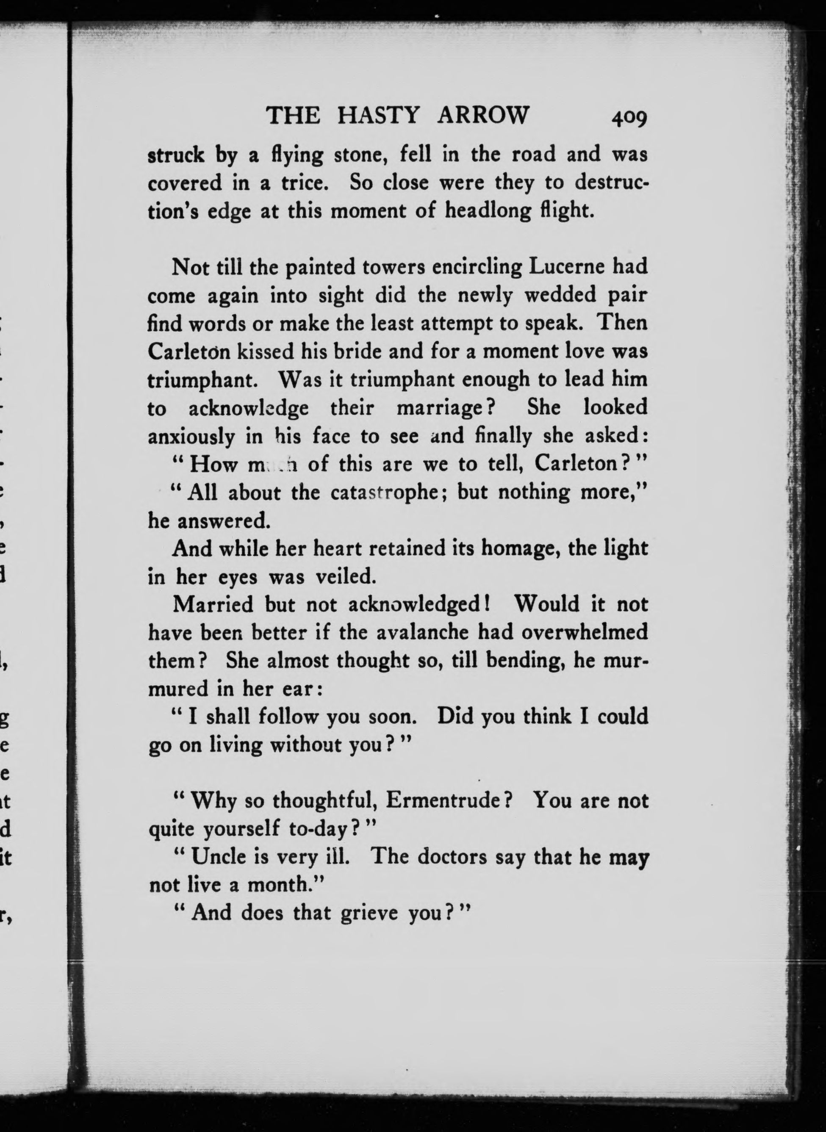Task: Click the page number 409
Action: [x=628, y=118]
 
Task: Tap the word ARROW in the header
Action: [x=482, y=116]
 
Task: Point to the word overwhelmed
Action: [x=584, y=632]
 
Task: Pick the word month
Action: [x=283, y=885]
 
